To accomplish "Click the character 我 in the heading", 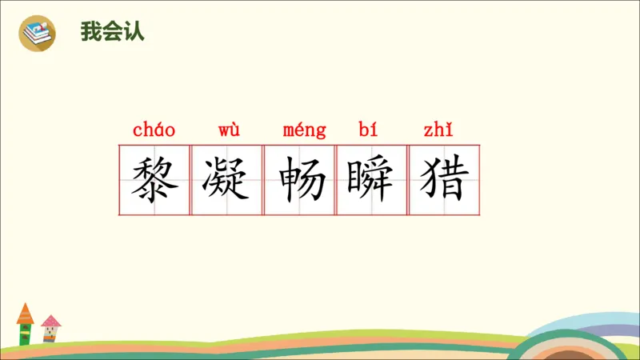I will pyautogui.click(x=90, y=33).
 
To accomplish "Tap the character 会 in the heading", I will pyautogui.click(x=111, y=33).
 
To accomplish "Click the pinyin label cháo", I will pyautogui.click(x=154, y=130).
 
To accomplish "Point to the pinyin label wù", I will pyautogui.click(x=228, y=130).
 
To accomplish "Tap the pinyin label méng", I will pyautogui.click(x=305, y=130).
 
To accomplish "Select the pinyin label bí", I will pyautogui.click(x=369, y=130).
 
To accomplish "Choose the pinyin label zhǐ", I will pyautogui.click(x=442, y=130).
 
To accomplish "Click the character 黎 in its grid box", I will pyautogui.click(x=154, y=180).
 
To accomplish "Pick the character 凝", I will pyautogui.click(x=227, y=180).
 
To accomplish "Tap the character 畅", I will pyautogui.click(x=300, y=180).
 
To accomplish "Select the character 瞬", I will pyautogui.click(x=372, y=180).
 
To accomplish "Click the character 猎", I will pyautogui.click(x=444, y=180).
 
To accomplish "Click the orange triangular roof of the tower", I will pyautogui.click(x=25, y=311).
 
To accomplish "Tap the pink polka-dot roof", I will pyautogui.click(x=50, y=321).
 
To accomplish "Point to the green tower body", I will pyautogui.click(x=25, y=334).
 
